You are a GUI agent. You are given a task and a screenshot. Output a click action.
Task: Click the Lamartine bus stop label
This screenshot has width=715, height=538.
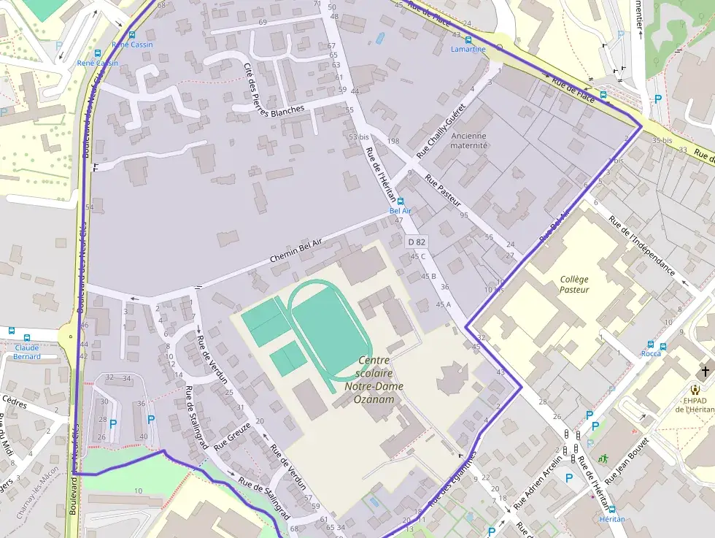(468, 50)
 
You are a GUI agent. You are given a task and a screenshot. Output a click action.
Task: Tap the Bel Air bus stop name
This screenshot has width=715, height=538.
(401, 210)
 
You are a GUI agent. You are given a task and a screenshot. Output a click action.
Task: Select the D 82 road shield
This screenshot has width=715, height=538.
(416, 242)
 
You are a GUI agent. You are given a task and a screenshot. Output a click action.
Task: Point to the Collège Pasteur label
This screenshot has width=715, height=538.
(574, 285)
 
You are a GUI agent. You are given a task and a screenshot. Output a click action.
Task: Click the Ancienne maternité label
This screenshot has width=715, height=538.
(469, 140)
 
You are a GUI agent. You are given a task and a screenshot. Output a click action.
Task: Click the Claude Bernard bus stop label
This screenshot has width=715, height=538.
(27, 352)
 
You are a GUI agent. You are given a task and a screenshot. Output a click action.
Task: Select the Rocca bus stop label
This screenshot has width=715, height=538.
(651, 353)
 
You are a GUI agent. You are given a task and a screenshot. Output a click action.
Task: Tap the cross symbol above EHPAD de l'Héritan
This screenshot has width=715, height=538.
(705, 371)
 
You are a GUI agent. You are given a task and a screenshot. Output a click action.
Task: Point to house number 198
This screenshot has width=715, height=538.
(393, 141)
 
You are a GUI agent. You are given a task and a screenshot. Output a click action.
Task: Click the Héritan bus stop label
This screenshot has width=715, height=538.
(611, 518)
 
